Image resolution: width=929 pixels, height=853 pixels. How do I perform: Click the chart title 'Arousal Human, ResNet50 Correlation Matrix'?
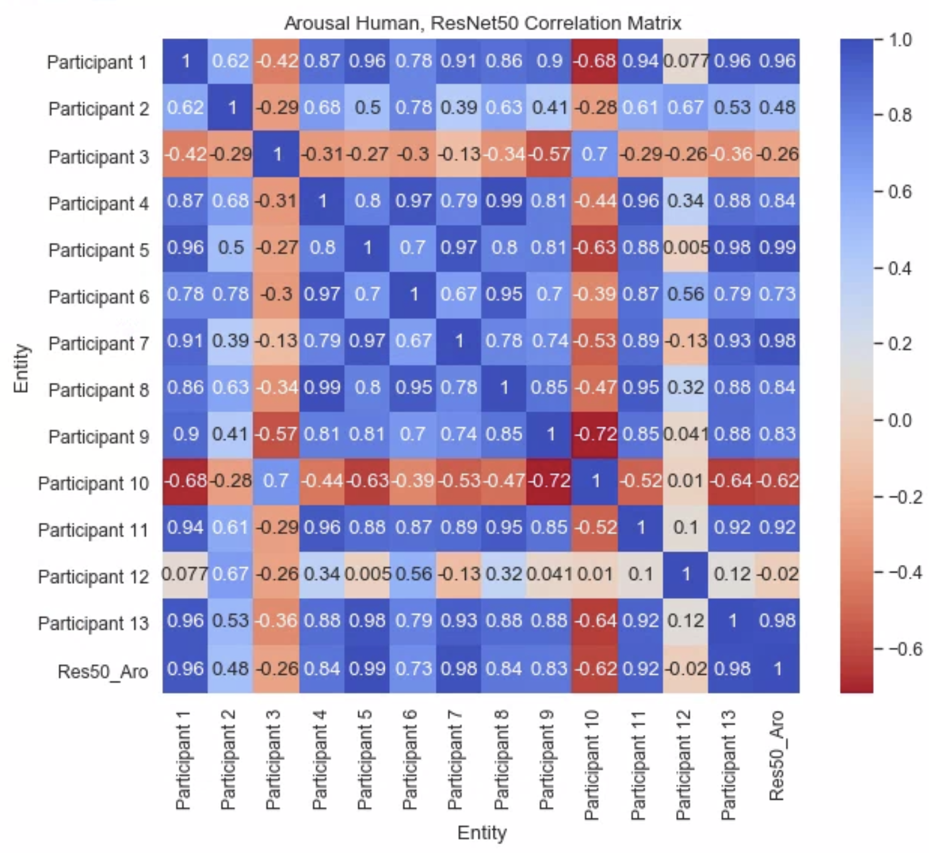point(482,23)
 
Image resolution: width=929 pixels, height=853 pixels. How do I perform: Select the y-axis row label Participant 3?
point(99,156)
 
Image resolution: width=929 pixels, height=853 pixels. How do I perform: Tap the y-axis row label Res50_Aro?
point(103,671)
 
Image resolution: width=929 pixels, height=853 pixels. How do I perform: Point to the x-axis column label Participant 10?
point(592,765)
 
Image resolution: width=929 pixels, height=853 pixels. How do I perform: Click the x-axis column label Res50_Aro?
point(777,755)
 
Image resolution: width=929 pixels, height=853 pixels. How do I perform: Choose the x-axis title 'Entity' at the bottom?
point(481,833)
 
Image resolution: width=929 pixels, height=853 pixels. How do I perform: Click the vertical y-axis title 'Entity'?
point(21,368)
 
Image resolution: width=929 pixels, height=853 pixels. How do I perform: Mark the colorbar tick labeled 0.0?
point(899,420)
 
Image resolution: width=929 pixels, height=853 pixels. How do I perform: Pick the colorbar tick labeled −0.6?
point(905,648)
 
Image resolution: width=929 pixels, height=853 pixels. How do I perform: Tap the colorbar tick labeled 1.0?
point(899,40)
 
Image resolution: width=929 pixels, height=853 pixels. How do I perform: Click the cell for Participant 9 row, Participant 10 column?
point(594,434)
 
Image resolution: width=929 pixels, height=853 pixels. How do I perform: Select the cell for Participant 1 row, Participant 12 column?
point(685,61)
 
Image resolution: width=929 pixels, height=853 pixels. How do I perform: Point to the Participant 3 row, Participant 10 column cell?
point(594,154)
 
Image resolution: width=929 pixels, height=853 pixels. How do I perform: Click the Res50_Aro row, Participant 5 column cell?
point(367,668)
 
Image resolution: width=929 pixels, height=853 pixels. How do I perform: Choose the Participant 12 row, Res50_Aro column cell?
point(777,574)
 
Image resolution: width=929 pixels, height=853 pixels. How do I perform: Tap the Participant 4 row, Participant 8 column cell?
point(503,201)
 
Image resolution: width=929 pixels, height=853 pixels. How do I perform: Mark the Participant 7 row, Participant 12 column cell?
point(685,341)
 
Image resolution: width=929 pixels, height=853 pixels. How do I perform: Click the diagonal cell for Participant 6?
point(412,294)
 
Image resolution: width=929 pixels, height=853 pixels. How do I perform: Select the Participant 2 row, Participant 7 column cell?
point(458,107)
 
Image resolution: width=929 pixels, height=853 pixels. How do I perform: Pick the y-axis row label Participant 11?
point(94,530)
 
